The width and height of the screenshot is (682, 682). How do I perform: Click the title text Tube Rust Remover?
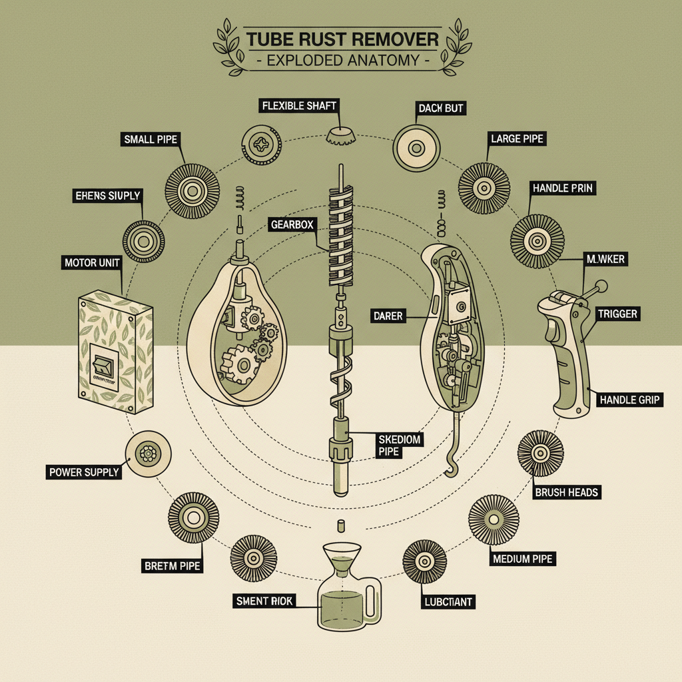click(342, 38)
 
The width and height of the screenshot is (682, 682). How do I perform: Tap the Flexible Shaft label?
click(299, 106)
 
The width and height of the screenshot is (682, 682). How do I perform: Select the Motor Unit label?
click(93, 262)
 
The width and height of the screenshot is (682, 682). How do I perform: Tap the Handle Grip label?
click(629, 400)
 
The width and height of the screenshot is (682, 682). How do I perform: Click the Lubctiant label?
click(448, 602)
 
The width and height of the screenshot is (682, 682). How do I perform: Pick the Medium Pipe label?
click(523, 558)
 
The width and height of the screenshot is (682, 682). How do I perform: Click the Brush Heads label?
click(567, 492)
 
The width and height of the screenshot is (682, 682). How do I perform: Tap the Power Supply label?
click(84, 472)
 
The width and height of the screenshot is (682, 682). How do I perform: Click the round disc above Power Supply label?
click(148, 454)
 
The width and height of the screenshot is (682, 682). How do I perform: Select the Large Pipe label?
click(517, 139)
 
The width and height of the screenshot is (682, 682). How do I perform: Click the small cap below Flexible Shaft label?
click(341, 136)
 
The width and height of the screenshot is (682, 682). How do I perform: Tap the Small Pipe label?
click(150, 139)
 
